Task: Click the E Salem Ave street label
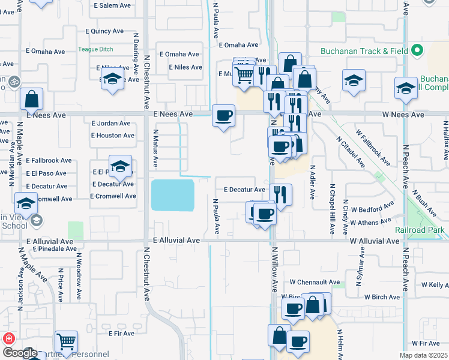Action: tap(113, 5)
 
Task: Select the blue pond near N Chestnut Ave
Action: tap(172, 195)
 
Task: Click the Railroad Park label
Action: tap(420, 230)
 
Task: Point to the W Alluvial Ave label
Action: tap(374, 241)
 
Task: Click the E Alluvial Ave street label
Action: tap(176, 240)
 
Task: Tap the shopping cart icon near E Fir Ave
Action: tap(67, 341)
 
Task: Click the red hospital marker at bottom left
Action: tap(8, 338)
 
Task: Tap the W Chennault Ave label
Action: tap(315, 281)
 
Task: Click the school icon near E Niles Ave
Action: tap(112, 79)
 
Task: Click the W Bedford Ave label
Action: tap(373, 210)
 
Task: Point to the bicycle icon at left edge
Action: tap(13, 80)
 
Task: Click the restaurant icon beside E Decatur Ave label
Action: tap(280, 193)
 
